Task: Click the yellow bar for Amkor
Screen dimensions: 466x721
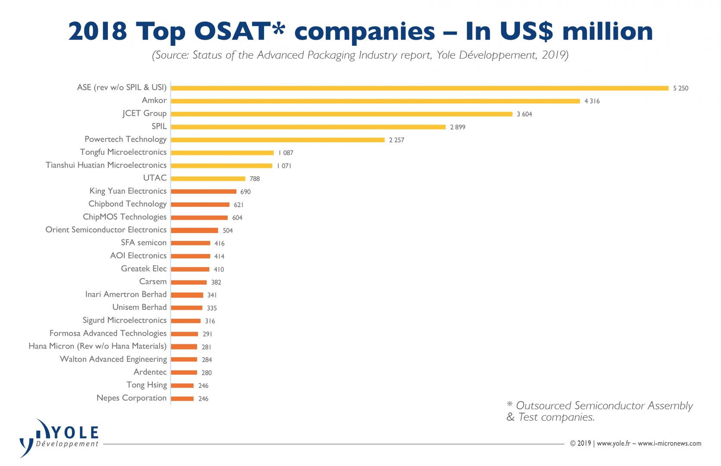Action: pos(375,101)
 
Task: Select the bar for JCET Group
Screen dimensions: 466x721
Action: pos(341,114)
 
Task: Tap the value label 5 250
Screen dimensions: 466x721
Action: pos(680,88)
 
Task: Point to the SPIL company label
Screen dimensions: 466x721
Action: pos(159,126)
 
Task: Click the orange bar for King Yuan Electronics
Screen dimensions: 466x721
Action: pos(204,192)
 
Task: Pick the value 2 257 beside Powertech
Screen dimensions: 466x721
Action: pos(396,140)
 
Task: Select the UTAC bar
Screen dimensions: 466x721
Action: pos(208,179)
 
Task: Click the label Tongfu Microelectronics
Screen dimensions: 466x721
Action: pos(123,152)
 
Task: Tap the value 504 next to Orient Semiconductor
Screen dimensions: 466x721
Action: pos(227,231)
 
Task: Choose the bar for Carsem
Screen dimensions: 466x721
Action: pos(189,282)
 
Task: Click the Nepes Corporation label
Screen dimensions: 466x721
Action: pos(131,398)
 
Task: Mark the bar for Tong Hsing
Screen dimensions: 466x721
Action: pos(182,386)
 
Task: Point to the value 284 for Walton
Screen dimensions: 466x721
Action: pos(207,360)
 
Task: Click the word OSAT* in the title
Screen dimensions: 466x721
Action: pos(239,31)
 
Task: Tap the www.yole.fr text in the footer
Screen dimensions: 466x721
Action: pos(613,444)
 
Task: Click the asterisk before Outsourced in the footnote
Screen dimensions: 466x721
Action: pos(510,405)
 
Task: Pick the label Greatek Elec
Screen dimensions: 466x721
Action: pos(144,269)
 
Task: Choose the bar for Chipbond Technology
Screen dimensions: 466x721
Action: pos(200,205)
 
